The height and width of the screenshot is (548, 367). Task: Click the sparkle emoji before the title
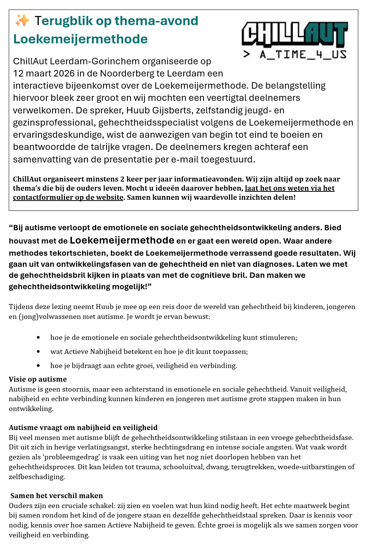pyautogui.click(x=22, y=21)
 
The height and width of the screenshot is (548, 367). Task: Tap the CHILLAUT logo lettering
pyautogui.click(x=295, y=35)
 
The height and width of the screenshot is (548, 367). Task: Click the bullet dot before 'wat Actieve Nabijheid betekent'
pyautogui.click(x=38, y=352)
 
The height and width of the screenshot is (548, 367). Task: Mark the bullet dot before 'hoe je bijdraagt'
pyautogui.click(x=38, y=366)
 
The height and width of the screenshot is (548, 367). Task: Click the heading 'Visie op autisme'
pyautogui.click(x=38, y=379)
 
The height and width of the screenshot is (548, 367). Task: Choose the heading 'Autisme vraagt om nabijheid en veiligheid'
pyautogui.click(x=83, y=427)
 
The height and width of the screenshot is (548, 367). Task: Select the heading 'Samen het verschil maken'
pyautogui.click(x=57, y=495)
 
